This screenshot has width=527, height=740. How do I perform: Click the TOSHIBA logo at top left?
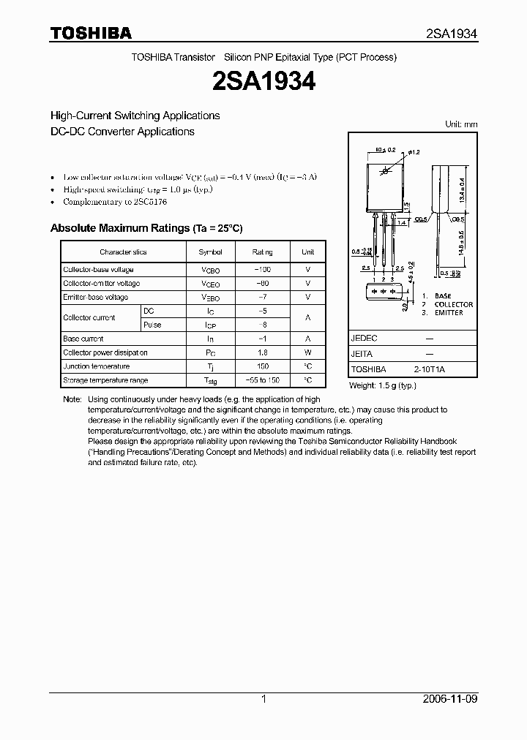pos(91,33)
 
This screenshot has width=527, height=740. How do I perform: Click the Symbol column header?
pos(210,252)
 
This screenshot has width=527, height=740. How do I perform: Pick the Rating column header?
pos(262,252)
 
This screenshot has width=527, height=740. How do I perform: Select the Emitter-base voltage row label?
pos(95,298)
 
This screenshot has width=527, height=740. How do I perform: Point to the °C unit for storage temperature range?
pos(308,380)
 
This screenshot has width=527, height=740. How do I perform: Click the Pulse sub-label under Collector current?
pos(152,325)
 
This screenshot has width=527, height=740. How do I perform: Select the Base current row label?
pos(83,339)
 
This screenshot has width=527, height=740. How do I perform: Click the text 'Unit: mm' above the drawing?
pos(461,124)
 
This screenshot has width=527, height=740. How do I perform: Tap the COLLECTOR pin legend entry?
pos(453,304)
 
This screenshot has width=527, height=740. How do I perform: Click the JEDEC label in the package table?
pos(364,339)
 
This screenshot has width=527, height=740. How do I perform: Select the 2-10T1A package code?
pos(429,370)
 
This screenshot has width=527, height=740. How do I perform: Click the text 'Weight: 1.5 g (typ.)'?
pos(383,385)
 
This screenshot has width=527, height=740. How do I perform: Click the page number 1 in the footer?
pos(263,699)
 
